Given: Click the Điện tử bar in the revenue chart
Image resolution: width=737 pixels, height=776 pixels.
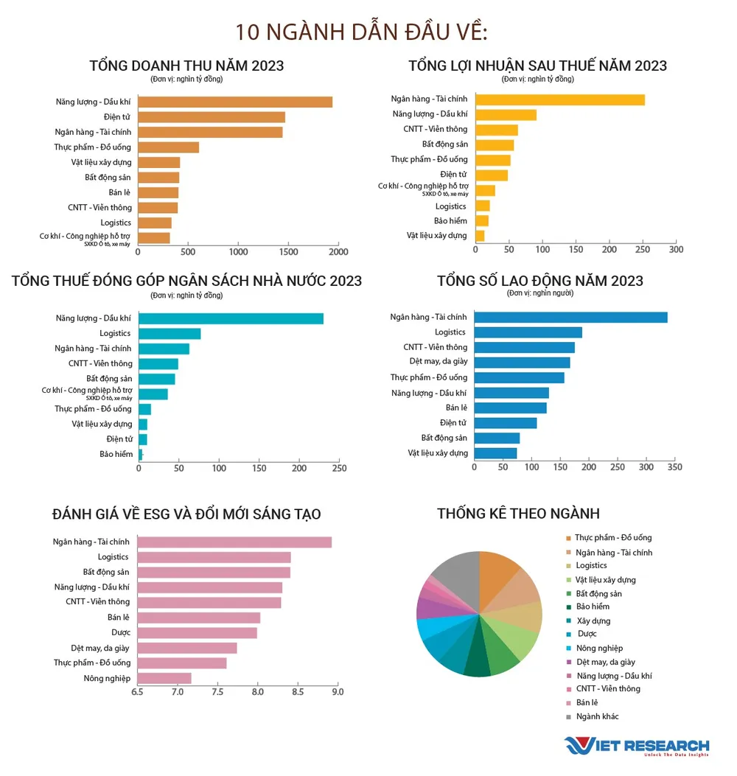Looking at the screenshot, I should pos(212,117).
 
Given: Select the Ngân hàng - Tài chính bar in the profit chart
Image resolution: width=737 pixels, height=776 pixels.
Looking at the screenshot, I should pos(560,99).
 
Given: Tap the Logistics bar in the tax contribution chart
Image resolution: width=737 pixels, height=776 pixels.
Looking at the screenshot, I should pos(170,334).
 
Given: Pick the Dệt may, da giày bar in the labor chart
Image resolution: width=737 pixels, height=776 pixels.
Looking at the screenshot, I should pos(522,363).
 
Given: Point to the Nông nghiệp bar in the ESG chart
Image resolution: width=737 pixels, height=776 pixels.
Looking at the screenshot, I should pos(164,678).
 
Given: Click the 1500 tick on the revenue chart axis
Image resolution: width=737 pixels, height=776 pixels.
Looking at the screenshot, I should pos(288,252).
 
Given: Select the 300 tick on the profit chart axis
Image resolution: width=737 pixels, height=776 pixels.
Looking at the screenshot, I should pos(675,250).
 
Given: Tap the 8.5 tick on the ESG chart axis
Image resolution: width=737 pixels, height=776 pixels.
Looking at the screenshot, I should pos(296,693).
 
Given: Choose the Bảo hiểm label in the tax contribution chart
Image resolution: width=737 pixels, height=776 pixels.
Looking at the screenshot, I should pos(116,455).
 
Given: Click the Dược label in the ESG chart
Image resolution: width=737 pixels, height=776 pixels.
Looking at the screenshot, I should pos(121,633).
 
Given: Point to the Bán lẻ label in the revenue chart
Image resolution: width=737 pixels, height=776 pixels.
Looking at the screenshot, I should pos(120,192).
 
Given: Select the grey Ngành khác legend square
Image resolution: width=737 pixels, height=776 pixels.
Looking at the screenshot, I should pos(568,716).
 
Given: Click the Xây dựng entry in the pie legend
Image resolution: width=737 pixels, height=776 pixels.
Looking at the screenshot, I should pos(593,621).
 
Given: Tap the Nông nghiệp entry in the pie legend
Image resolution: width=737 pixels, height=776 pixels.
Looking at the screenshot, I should pos(599,649).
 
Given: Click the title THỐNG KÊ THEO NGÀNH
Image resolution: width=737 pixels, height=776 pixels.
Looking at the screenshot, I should pos(518,514).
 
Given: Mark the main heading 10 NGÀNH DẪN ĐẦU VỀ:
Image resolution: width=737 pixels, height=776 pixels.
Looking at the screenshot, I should pos(362,33).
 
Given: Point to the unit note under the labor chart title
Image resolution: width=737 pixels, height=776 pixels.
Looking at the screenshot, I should pos(540,293).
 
